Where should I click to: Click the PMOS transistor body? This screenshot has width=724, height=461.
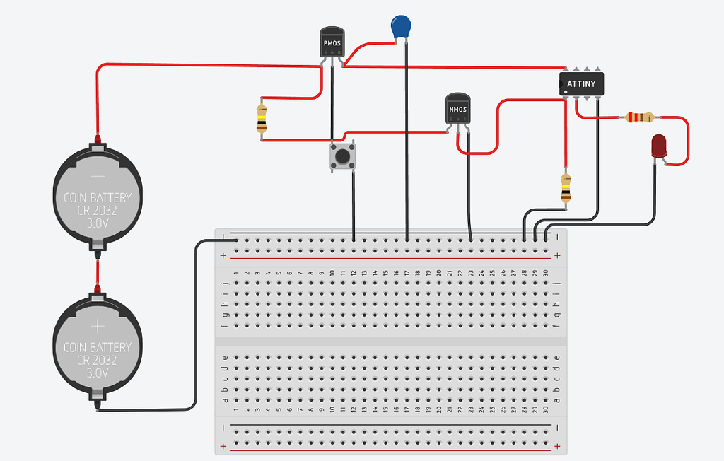pos(332,44)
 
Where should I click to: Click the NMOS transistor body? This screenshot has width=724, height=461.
pos(457,109)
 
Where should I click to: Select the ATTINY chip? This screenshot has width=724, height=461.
pos(581,83)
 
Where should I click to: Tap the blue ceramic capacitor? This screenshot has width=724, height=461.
pos(402,28)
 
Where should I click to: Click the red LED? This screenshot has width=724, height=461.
pos(659,146)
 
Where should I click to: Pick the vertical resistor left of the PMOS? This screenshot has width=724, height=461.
pos(262,119)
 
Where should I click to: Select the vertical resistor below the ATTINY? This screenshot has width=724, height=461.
pos(565,187)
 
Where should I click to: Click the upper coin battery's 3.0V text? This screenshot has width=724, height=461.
pos(98,223)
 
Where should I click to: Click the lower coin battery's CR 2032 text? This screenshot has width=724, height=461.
pos(98,360)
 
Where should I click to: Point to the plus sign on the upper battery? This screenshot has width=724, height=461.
pos(98,175)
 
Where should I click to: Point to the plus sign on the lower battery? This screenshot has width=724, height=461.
pos(98,325)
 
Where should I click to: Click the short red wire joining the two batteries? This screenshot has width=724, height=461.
pos(97,269)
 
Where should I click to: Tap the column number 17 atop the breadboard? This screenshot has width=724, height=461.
pos(407,273)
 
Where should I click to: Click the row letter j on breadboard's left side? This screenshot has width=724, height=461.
pos(225,284)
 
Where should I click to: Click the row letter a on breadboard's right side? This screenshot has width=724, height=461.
pos(557,400)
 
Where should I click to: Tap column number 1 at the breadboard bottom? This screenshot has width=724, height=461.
pos(236,410)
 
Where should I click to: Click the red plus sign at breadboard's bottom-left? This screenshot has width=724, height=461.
pos(224,446)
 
